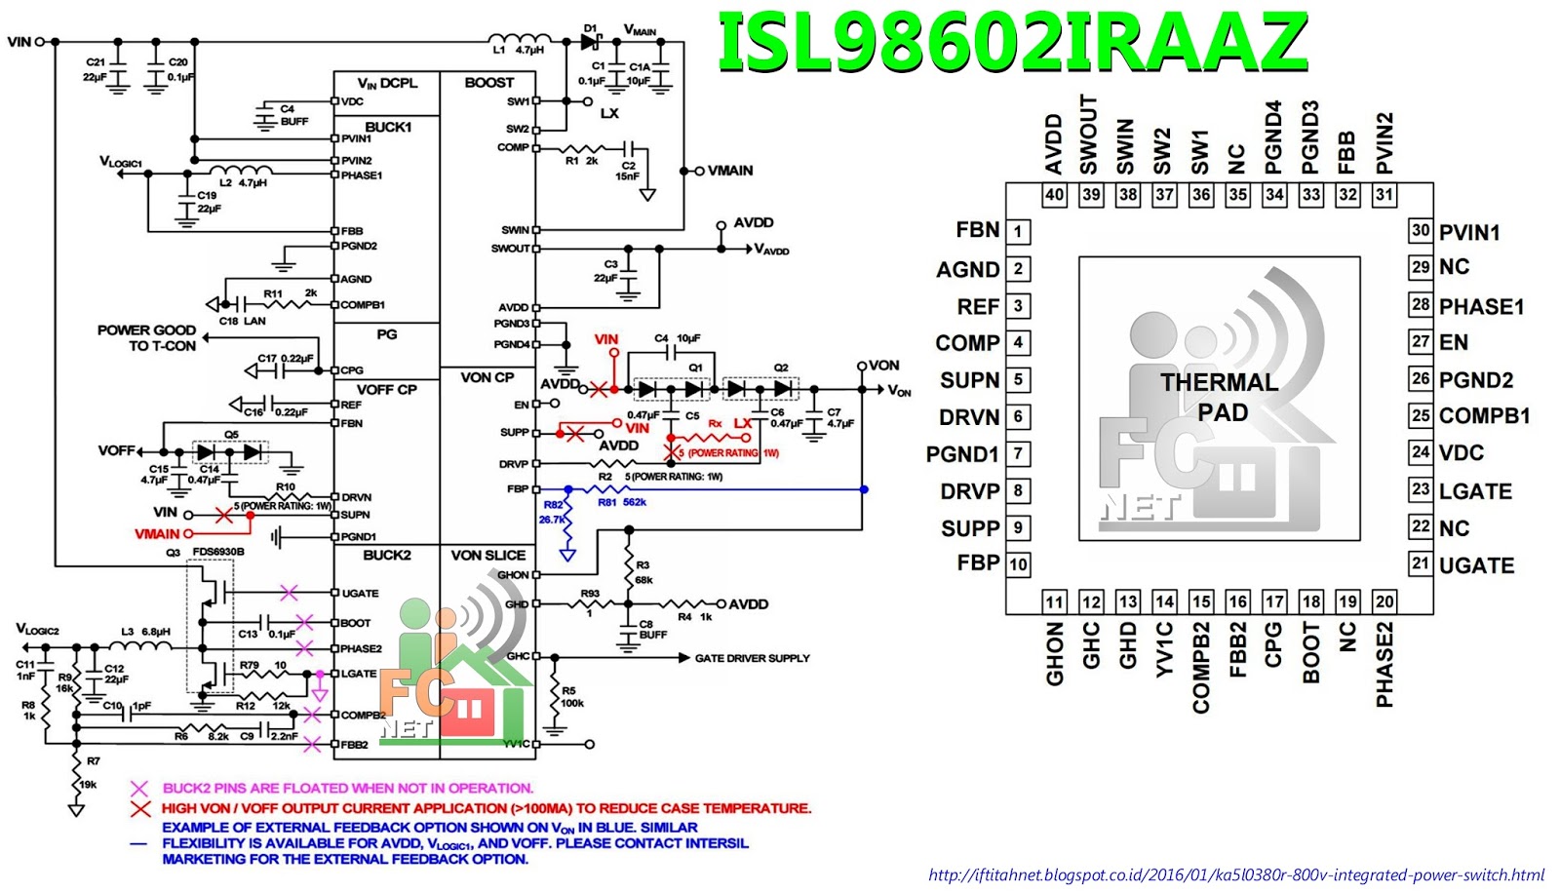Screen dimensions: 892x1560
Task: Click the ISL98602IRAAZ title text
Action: click(x=1012, y=41)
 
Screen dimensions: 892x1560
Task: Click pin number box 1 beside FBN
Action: click(x=1018, y=232)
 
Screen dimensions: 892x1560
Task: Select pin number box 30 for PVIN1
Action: click(x=1421, y=231)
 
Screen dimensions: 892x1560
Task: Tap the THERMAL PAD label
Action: click(x=1220, y=397)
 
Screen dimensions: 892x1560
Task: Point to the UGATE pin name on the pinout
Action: click(x=1476, y=565)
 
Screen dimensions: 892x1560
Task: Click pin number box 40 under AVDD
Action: click(x=1054, y=195)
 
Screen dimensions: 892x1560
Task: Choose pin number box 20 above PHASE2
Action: click(x=1384, y=601)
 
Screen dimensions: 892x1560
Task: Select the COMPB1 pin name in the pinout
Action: click(x=1484, y=416)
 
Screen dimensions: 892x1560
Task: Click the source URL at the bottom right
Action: click(x=1236, y=874)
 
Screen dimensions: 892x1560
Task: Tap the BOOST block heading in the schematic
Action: click(x=488, y=83)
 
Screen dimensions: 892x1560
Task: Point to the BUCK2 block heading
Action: click(x=387, y=555)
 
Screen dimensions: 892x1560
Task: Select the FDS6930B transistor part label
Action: click(x=218, y=552)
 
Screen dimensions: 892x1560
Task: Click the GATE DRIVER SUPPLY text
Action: click(x=752, y=658)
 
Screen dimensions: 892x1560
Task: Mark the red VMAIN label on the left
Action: click(x=157, y=533)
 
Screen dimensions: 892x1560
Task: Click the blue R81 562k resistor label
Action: click(x=622, y=502)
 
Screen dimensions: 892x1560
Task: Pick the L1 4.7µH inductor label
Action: click(x=518, y=50)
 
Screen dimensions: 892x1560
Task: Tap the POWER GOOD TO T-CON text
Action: click(x=147, y=337)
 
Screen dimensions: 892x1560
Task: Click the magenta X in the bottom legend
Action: click(x=139, y=788)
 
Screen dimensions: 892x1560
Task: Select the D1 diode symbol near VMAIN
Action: click(x=590, y=41)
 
